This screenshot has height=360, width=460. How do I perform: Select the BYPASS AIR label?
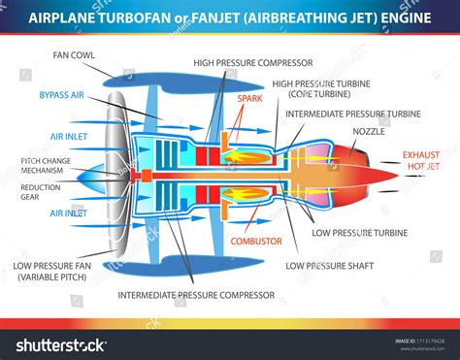tap(63, 95)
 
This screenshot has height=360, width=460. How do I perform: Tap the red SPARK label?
tap(249, 97)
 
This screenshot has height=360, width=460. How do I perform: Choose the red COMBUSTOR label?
tap(256, 240)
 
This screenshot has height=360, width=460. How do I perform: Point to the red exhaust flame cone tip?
tap(396, 174)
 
